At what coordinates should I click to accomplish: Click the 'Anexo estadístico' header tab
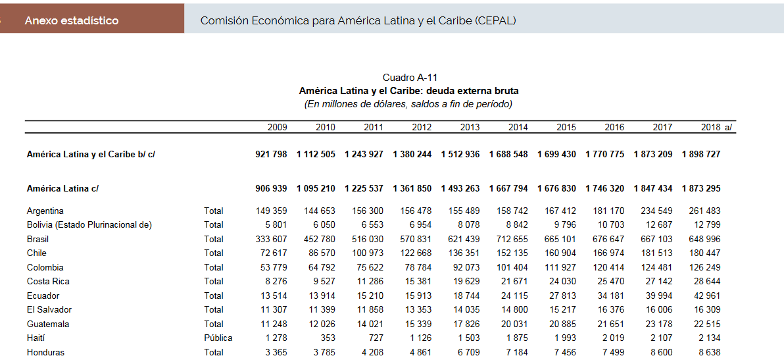[72, 20]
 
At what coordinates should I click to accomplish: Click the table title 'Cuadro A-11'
[409, 78]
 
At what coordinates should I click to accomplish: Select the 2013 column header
[470, 127]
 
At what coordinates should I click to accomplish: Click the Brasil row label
[37, 239]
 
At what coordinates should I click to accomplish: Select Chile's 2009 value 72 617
[271, 253]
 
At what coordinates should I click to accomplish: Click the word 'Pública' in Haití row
[218, 338]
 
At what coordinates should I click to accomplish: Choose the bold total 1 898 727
[701, 154]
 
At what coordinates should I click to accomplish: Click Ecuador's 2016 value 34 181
[610, 296]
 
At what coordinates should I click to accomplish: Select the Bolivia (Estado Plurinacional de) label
[89, 224]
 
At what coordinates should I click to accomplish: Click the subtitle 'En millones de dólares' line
[408, 104]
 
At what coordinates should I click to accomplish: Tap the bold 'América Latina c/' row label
[62, 188]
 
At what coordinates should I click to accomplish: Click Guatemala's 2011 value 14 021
[370, 324]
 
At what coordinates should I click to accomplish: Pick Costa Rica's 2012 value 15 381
[418, 281]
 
